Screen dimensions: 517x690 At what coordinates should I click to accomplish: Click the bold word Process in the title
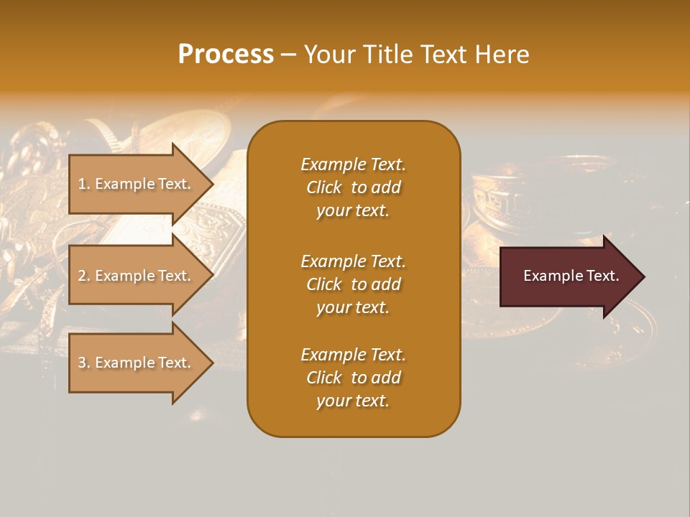(x=226, y=54)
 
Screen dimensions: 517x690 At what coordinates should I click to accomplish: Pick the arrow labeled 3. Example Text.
(x=137, y=363)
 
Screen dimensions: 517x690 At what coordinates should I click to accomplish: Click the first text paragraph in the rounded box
(x=353, y=187)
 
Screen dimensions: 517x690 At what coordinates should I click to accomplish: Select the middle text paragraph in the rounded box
(x=353, y=284)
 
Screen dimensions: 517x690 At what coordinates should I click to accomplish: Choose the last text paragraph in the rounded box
(x=353, y=378)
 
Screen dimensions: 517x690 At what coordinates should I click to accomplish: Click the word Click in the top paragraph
(x=324, y=187)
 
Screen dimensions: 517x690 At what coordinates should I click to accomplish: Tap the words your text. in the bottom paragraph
(x=353, y=401)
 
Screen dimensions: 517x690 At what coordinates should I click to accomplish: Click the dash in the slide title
(x=288, y=55)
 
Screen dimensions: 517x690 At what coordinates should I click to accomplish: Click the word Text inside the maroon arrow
(x=604, y=276)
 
